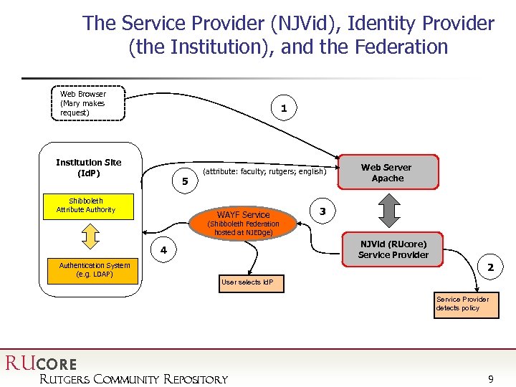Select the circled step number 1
click(x=284, y=108)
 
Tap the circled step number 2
click(x=490, y=267)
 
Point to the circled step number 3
click(x=322, y=211)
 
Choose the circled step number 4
click(x=163, y=250)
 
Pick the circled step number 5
click(x=184, y=182)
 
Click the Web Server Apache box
click(x=387, y=173)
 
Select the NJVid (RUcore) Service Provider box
click(x=393, y=249)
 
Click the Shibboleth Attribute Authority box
click(x=86, y=206)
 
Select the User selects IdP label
click(x=252, y=282)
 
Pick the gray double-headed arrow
click(x=388, y=211)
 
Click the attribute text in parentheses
click(x=264, y=172)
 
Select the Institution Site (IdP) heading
click(x=89, y=168)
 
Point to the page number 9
click(x=490, y=379)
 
